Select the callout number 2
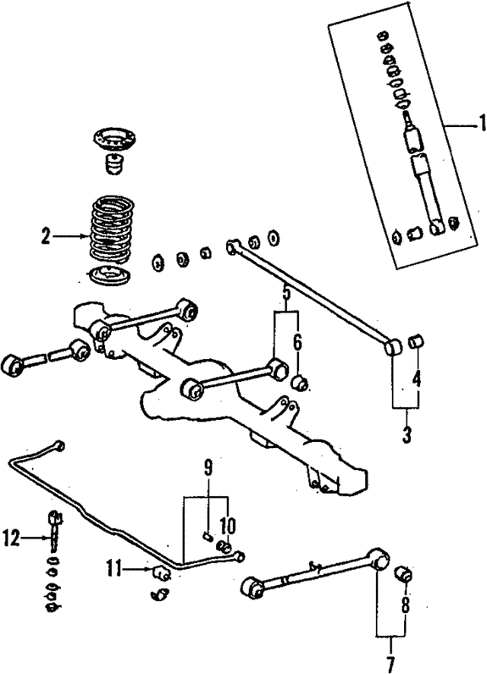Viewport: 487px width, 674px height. coord(47,237)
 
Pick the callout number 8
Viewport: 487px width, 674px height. coord(404,606)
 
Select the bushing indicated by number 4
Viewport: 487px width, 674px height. coord(416,342)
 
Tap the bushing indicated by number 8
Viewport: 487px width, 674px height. coord(405,573)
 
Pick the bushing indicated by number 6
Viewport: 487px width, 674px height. coord(301,381)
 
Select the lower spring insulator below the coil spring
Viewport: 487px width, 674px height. coord(109,275)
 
